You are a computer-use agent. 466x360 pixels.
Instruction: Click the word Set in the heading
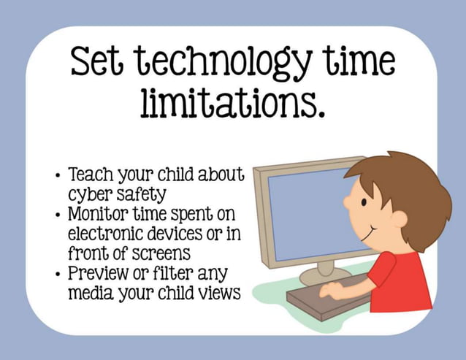[98, 63]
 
